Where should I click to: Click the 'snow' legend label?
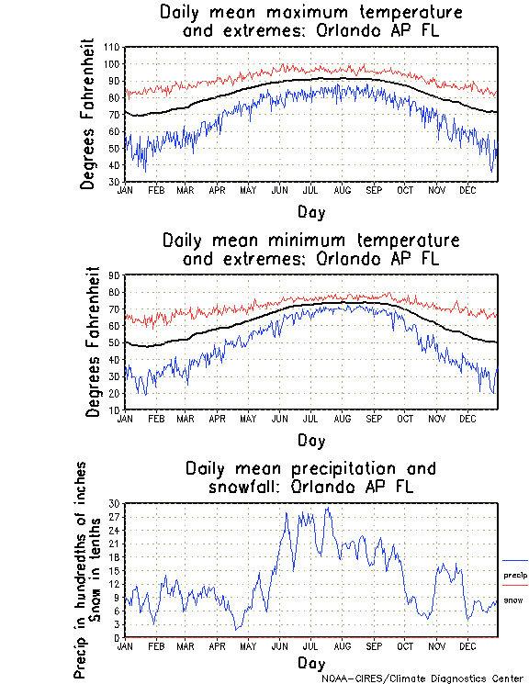click(x=512, y=600)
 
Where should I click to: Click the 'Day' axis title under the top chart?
click(x=311, y=212)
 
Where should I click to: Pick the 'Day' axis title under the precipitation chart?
click(x=311, y=662)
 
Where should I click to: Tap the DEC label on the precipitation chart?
click(x=467, y=646)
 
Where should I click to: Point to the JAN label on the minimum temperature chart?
click(x=127, y=418)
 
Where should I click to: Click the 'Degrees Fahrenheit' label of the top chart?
click(x=88, y=114)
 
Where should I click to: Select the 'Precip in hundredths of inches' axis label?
click(x=81, y=570)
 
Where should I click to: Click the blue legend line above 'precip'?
click(x=515, y=560)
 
